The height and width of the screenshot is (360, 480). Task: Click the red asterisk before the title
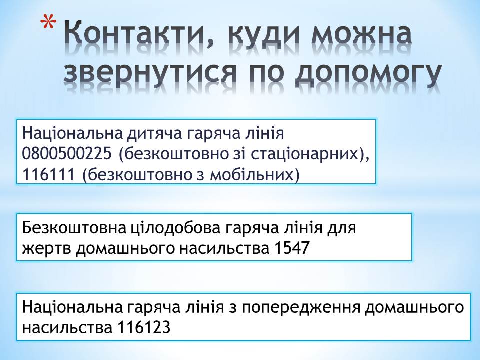point(48,24)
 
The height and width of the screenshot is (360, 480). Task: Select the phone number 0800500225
point(67,154)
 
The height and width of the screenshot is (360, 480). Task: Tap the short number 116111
point(48,175)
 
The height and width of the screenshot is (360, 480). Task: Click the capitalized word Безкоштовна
point(74,228)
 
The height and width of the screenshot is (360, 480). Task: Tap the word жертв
point(46,249)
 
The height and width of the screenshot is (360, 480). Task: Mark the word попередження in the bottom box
point(301,308)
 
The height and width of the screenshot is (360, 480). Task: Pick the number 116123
point(144,328)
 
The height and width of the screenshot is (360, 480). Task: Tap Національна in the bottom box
point(72,307)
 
